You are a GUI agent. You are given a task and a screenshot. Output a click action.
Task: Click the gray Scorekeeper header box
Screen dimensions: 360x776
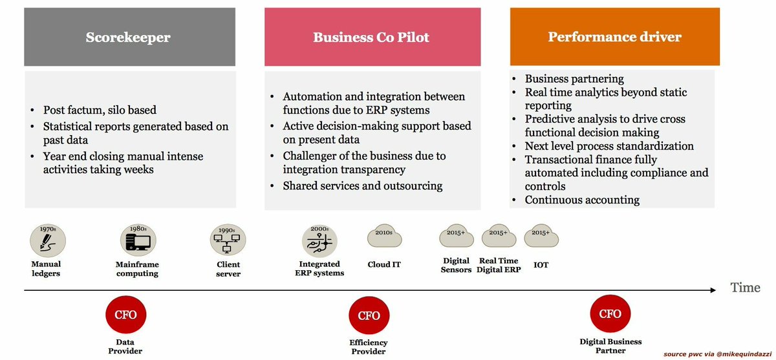point(128,37)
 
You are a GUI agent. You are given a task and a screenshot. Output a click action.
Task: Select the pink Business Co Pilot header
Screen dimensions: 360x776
point(372,37)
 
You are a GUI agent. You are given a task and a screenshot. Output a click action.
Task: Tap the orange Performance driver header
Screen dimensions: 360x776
point(614,37)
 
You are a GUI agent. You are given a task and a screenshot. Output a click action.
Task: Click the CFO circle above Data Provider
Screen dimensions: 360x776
point(125,315)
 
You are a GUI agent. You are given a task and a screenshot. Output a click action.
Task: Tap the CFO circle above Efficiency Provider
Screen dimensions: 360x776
point(369,315)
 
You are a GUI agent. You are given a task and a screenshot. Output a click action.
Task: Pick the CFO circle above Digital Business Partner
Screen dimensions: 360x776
point(610,314)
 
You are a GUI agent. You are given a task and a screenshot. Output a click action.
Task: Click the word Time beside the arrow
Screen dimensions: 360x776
point(745,288)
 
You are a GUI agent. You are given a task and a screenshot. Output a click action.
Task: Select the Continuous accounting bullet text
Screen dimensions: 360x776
point(582,200)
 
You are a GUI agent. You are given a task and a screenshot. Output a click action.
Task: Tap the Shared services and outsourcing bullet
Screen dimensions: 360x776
point(362,186)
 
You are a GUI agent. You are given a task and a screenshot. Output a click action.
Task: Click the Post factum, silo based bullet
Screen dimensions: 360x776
point(100,110)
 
